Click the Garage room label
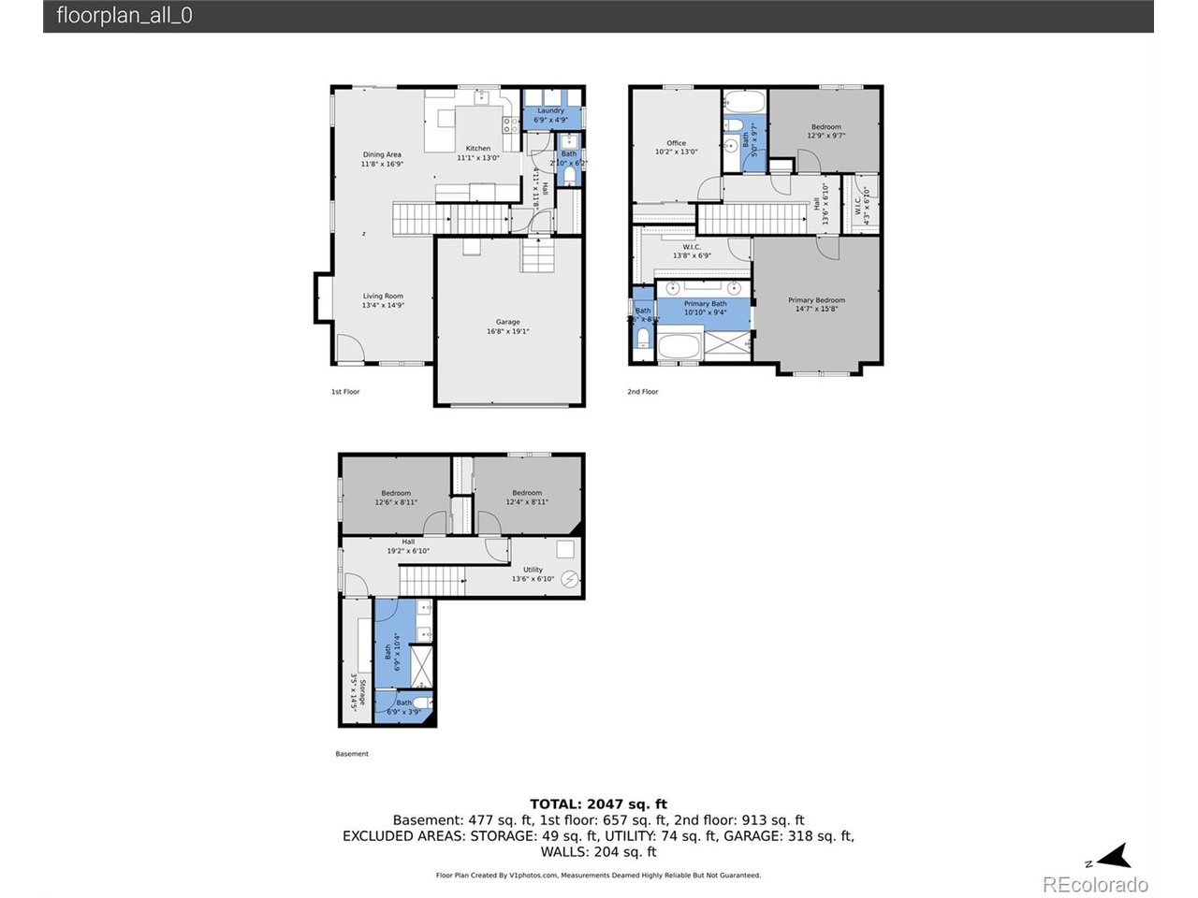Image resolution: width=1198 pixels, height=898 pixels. coord(508,326)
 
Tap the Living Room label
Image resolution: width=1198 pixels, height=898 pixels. coord(383,300)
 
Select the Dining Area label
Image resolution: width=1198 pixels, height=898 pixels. coord(382,159)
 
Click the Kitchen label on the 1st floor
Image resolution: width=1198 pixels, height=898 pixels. coord(478,152)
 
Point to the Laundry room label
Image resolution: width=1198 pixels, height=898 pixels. coord(550,115)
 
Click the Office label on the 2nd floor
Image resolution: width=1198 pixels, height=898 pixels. coord(676,147)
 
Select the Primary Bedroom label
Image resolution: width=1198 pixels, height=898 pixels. coord(816,304)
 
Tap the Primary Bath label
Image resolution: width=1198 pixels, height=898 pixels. coord(705,308)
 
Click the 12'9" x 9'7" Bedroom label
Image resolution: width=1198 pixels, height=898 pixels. coord(825,131)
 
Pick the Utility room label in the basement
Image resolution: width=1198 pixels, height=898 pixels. coord(533,573)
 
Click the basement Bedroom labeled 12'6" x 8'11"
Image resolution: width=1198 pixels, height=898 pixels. coord(396,498)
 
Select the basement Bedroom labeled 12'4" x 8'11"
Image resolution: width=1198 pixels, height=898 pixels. coord(527,498)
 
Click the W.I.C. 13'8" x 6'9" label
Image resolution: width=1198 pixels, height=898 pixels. coord(692,251)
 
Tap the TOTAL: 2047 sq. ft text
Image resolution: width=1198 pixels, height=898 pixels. coord(598,804)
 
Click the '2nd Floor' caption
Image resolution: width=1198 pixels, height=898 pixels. coord(643,392)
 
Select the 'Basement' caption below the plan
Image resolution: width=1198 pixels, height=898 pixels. coord(352,754)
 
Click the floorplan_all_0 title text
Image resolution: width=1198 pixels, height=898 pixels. coord(124,16)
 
